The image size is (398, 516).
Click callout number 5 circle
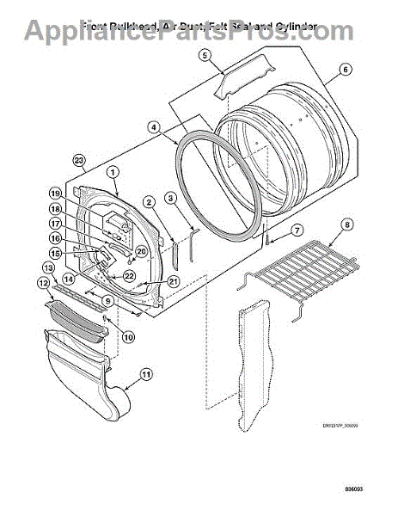click(205, 56)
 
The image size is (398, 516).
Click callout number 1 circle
click(113, 172)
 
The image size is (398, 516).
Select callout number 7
click(297, 230)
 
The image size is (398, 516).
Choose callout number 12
click(41, 281)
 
